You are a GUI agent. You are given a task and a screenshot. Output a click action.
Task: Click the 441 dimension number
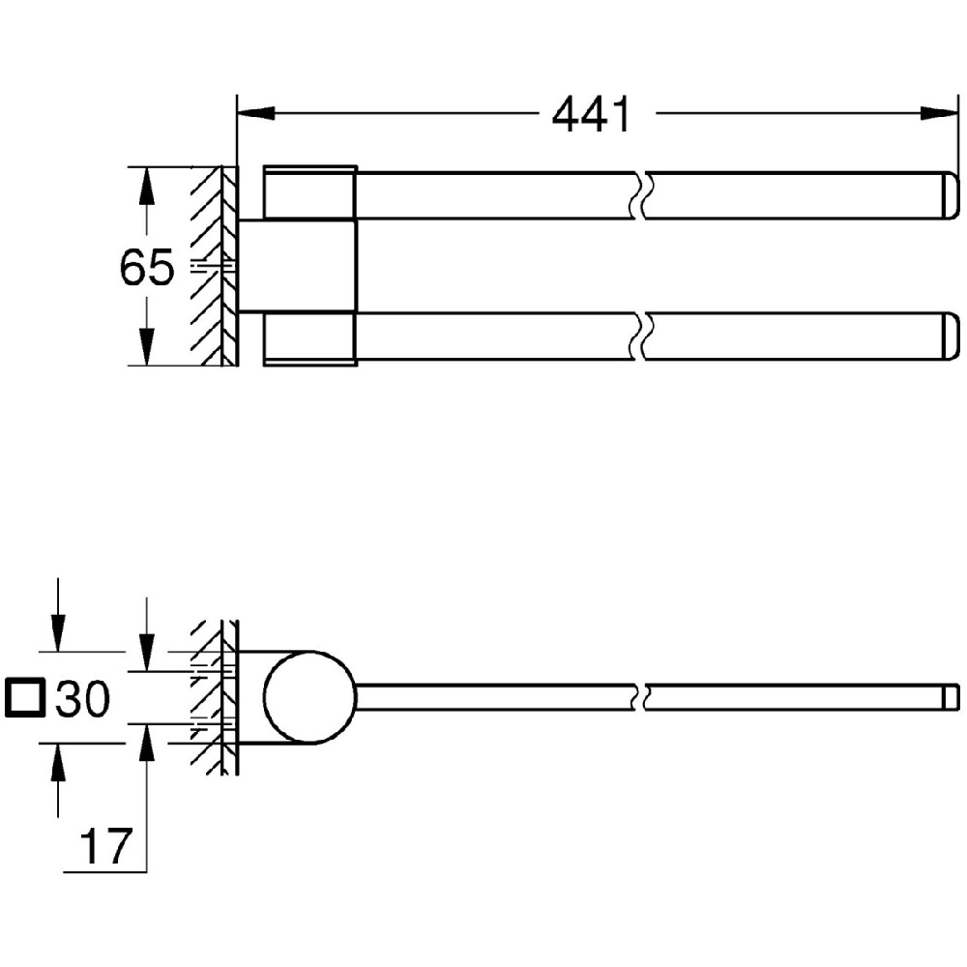coord(591,114)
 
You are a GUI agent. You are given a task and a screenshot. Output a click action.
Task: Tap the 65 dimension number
coord(147,268)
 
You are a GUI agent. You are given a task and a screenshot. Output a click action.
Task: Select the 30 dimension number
coord(82,699)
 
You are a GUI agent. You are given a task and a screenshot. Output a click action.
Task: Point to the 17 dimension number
coord(106,847)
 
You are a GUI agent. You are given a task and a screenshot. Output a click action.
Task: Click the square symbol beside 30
coord(25,699)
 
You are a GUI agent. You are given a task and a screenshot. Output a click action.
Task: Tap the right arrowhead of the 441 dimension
coord(939,113)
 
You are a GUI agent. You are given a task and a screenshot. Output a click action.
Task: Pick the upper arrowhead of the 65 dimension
coord(146,186)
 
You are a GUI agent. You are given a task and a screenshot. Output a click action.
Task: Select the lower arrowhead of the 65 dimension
coord(146,346)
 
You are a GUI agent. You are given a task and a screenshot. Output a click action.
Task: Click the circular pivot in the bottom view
coord(310,696)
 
